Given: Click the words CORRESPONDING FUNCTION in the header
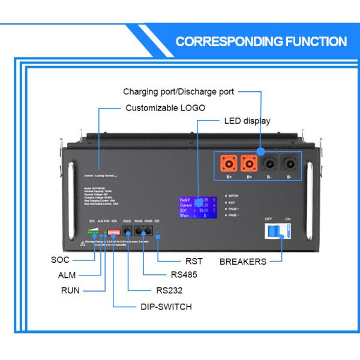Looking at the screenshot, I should point(261,41).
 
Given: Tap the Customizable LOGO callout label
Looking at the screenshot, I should point(165,108).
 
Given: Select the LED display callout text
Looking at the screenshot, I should point(247,121).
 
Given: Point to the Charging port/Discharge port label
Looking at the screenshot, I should point(178,92).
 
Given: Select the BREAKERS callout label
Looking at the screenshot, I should point(243,262).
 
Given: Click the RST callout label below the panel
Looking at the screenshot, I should point(194,261).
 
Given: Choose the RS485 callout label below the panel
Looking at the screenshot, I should point(183,275).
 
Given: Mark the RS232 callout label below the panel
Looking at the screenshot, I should point(169,290).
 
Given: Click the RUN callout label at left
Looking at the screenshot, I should point(70,290).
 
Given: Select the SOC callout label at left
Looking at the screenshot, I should point(61,260).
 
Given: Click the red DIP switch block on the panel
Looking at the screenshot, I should point(113,231).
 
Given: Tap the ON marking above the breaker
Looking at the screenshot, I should point(288,219).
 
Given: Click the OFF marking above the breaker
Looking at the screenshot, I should point(269,219).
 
